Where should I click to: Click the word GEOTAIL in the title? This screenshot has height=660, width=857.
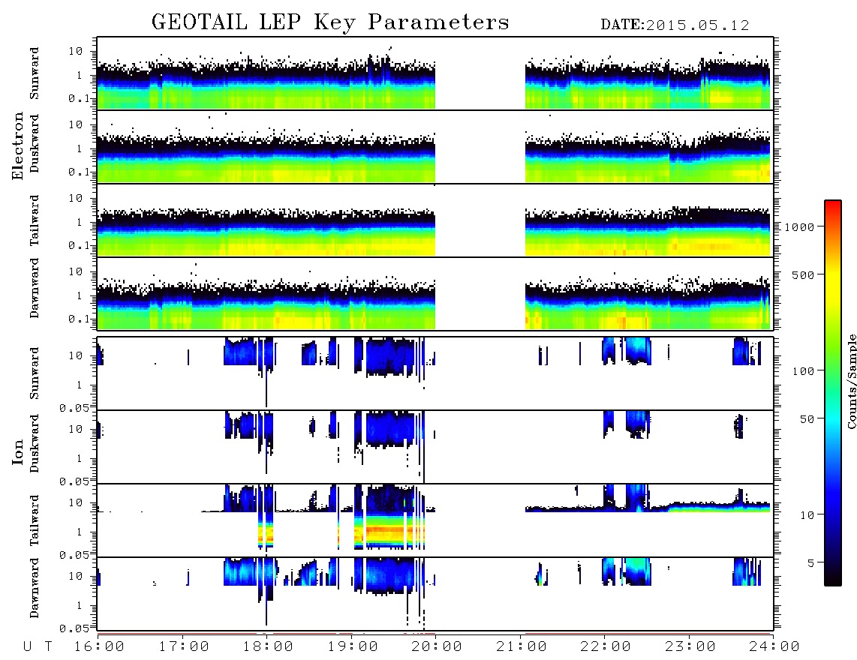(x=200, y=22)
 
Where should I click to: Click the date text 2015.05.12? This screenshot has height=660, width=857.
(x=698, y=25)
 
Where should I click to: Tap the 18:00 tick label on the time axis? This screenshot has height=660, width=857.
(x=267, y=647)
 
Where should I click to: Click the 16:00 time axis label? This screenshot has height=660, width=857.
(x=99, y=647)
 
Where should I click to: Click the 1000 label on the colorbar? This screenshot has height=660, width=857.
(x=800, y=226)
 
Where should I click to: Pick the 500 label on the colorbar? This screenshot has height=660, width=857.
(x=804, y=274)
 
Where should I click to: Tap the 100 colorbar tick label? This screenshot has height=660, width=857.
(x=804, y=371)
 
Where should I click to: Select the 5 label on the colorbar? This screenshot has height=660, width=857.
(x=811, y=562)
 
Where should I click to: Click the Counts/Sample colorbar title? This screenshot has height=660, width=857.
(x=851, y=382)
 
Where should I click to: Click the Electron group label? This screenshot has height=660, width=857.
(x=17, y=145)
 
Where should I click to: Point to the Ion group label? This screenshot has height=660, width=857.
(x=17, y=451)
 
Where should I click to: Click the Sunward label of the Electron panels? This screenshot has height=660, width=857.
(x=35, y=73)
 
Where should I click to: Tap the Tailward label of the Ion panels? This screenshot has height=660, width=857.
(x=35, y=520)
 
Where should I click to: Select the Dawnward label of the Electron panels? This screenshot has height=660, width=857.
(x=35, y=289)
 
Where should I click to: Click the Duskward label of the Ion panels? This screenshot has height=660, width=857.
(x=35, y=443)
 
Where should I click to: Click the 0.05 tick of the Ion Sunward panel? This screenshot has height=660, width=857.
(x=77, y=408)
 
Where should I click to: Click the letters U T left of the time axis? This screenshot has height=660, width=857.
(x=38, y=647)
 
